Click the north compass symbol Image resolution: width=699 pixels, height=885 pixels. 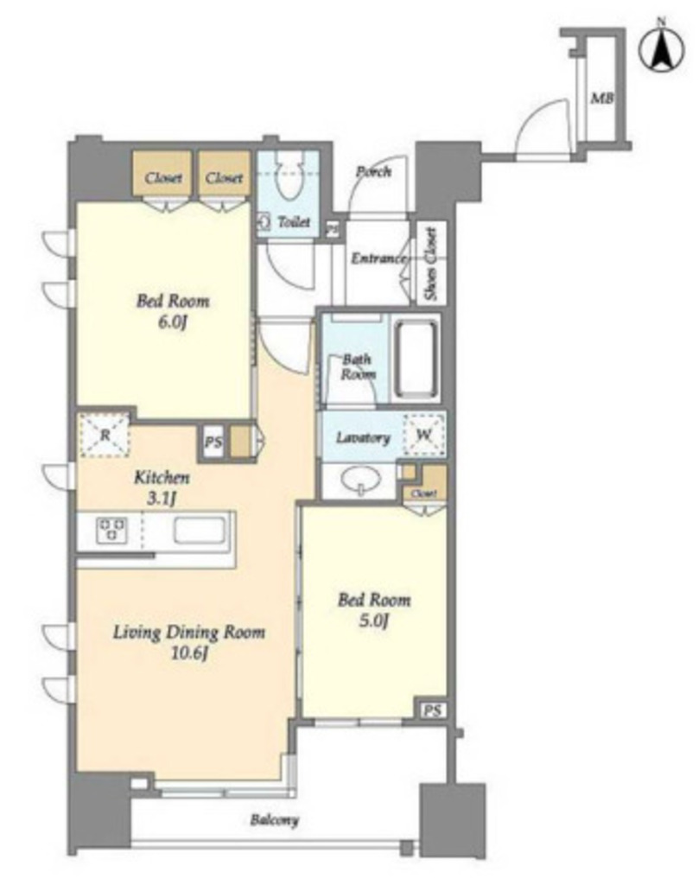tap(662, 48)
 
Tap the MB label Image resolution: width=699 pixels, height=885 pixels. tap(602, 99)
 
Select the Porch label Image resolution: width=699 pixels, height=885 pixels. tap(373, 171)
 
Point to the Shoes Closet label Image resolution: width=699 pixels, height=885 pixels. tap(431, 264)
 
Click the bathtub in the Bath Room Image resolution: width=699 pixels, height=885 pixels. tap(416, 359)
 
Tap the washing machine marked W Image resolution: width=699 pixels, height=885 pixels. tap(424, 435)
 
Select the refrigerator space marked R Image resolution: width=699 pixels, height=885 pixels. tap(105, 435)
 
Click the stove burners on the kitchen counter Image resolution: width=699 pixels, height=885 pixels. tap(111, 531)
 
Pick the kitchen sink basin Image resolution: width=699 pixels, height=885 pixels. tap(199, 531)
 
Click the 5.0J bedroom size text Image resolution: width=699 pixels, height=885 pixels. tap(374, 621)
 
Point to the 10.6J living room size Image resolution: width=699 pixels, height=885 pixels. tap(189, 654)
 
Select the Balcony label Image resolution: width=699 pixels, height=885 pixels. tap(275, 820)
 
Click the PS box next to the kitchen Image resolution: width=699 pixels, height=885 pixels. tap(213, 442)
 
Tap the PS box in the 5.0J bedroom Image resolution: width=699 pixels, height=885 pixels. tap(432, 710)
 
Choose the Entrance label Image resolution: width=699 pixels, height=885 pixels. tap(378, 258)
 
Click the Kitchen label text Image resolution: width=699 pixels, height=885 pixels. tap(162, 477)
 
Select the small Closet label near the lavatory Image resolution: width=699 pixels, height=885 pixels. tap(423, 493)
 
